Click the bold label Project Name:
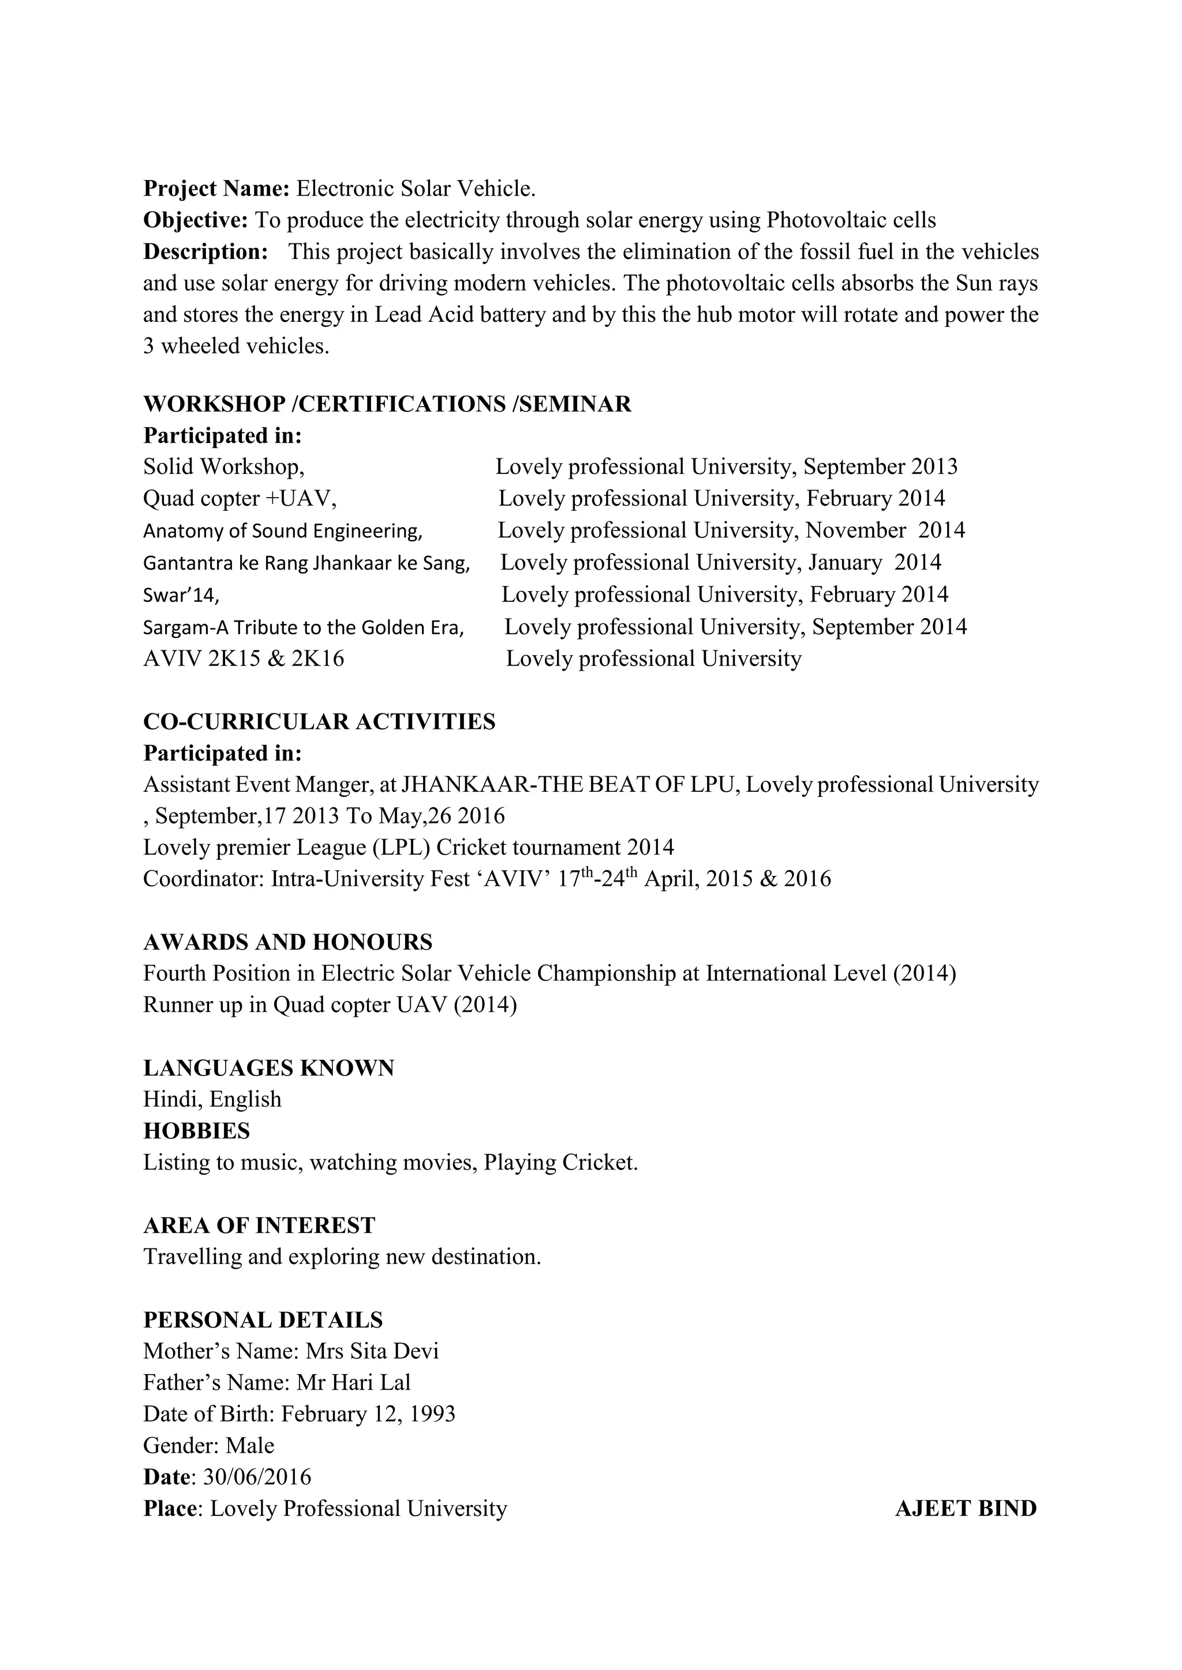pyautogui.click(x=216, y=189)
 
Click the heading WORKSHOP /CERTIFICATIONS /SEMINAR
pyautogui.click(x=387, y=404)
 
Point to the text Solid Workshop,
pyautogui.click(x=223, y=467)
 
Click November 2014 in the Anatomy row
pyautogui.click(x=885, y=531)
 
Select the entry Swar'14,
pyautogui.click(x=181, y=596)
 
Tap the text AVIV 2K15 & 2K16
pyautogui.click(x=243, y=659)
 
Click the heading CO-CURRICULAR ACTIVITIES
pyautogui.click(x=319, y=722)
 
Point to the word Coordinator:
pyautogui.click(x=203, y=879)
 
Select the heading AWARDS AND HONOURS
pyautogui.click(x=287, y=943)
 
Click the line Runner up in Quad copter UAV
pyautogui.click(x=329, y=1005)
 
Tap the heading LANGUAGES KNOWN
pyautogui.click(x=268, y=1069)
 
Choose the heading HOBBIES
pyautogui.click(x=196, y=1131)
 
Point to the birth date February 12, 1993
pyautogui.click(x=368, y=1414)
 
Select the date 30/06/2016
pyautogui.click(x=257, y=1477)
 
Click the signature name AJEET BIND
pyautogui.click(x=965, y=1509)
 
